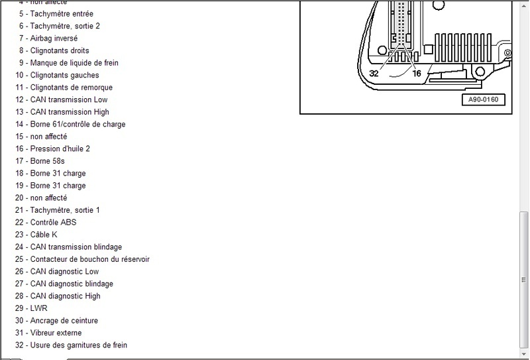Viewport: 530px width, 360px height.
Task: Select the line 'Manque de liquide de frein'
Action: tap(74, 63)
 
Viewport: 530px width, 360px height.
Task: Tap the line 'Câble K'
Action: tap(43, 235)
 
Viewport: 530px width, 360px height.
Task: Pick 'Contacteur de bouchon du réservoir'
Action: tap(89, 259)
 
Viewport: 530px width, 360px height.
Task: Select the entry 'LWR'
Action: tap(38, 308)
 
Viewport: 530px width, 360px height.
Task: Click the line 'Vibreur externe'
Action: tap(56, 333)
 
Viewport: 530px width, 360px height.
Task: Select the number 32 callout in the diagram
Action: tap(374, 74)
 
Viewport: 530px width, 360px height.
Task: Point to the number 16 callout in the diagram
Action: tap(417, 74)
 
